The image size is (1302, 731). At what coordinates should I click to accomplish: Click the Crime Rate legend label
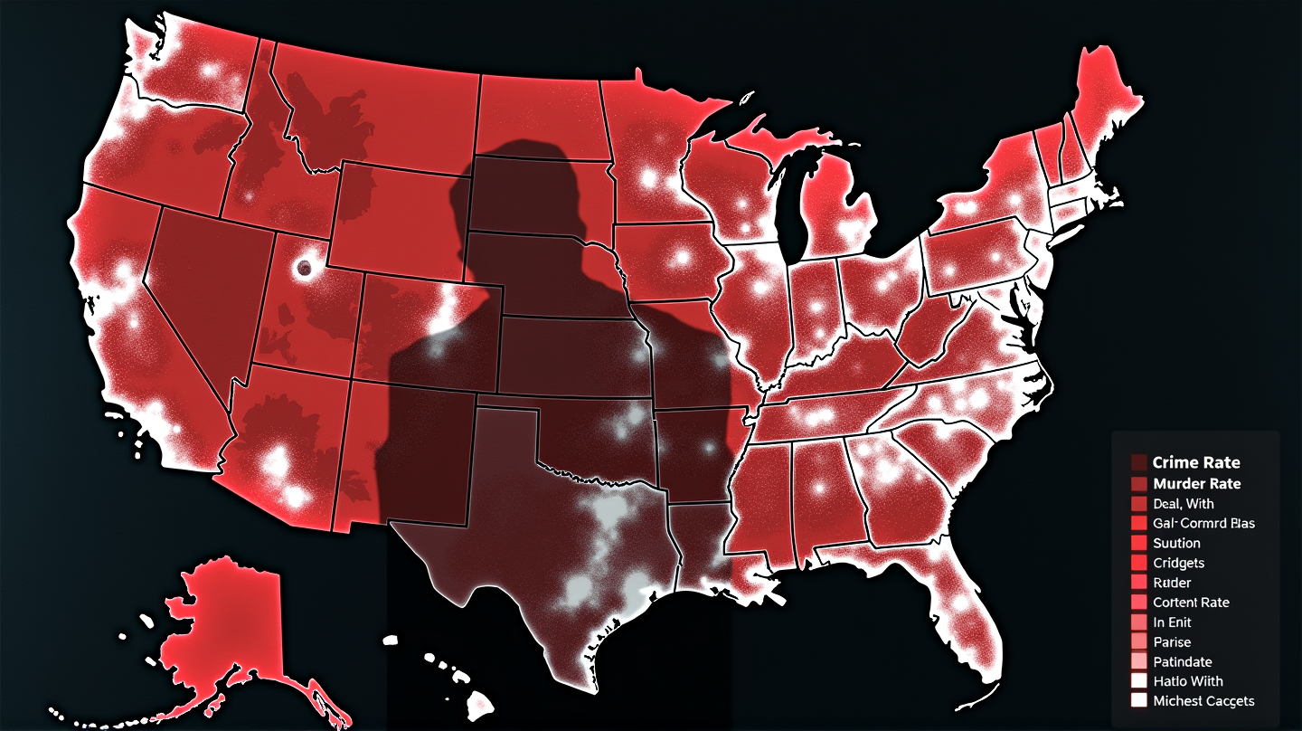(x=1196, y=463)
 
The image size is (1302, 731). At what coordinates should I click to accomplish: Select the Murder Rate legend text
(x=1197, y=484)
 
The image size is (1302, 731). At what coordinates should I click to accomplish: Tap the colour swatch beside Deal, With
(x=1138, y=504)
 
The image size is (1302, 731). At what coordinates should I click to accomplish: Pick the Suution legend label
(x=1176, y=543)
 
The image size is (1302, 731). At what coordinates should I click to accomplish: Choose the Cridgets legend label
(x=1179, y=563)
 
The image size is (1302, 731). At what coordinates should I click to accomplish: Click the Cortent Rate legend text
(x=1191, y=603)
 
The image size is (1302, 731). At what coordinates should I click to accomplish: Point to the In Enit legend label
(x=1172, y=622)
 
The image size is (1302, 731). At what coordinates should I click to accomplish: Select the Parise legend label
(x=1172, y=642)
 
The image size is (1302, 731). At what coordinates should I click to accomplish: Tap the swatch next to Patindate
(x=1138, y=662)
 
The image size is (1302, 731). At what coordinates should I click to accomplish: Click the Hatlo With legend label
(x=1188, y=681)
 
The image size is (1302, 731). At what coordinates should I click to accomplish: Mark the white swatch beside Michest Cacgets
(x=1138, y=701)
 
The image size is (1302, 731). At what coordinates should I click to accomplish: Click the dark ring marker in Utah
(x=304, y=268)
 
